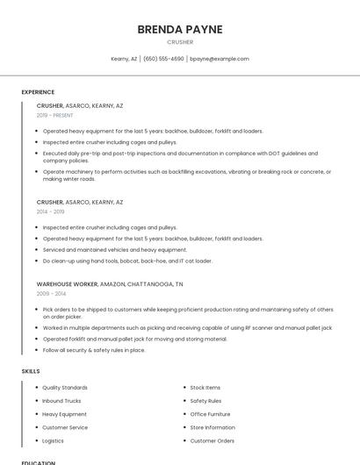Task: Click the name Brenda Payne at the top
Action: pyautogui.click(x=180, y=29)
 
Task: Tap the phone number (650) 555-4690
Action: pyautogui.click(x=163, y=59)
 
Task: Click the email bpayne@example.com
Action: pyautogui.click(x=220, y=59)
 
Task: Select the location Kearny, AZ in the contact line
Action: pyautogui.click(x=124, y=59)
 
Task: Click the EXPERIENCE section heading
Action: pyautogui.click(x=38, y=91)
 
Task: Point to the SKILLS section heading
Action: pyautogui.click(x=31, y=371)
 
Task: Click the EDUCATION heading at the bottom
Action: pyautogui.click(x=38, y=461)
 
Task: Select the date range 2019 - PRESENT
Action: pyautogui.click(x=55, y=115)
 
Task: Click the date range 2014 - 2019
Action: pyautogui.click(x=50, y=211)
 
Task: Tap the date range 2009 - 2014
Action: pyautogui.click(x=50, y=294)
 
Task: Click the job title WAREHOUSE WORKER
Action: pyautogui.click(x=68, y=284)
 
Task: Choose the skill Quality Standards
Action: pyautogui.click(x=65, y=387)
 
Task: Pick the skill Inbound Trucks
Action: pyautogui.click(x=61, y=400)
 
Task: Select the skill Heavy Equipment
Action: pyautogui.click(x=64, y=414)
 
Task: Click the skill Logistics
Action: pyautogui.click(x=53, y=440)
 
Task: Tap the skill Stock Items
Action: pyautogui.click(x=205, y=387)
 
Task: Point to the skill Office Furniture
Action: pyautogui.click(x=211, y=414)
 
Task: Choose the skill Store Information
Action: pyautogui.click(x=212, y=427)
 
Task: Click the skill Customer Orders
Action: pyautogui.click(x=212, y=440)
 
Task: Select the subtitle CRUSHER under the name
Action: pyautogui.click(x=180, y=42)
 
